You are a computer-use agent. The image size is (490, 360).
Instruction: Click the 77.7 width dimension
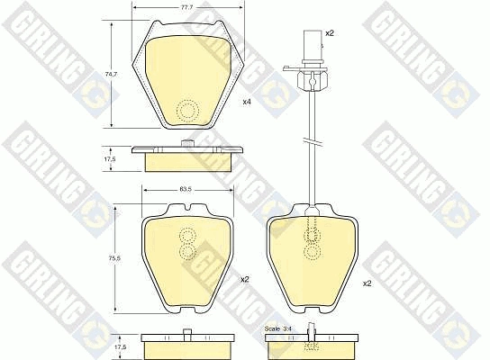(x=187, y=8)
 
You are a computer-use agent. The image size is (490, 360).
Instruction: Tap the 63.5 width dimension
(x=188, y=189)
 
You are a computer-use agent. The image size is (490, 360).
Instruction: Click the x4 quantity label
(x=247, y=102)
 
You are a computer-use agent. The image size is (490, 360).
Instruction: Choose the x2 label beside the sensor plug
(x=330, y=33)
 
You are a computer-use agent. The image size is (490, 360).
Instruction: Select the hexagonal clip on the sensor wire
(x=313, y=81)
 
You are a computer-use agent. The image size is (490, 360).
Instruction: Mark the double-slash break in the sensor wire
(x=313, y=140)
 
